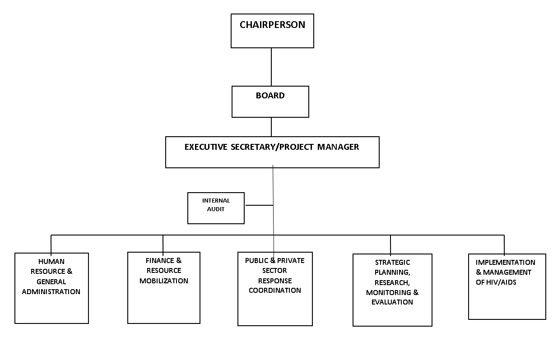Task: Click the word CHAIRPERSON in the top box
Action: (x=272, y=25)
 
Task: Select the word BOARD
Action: (x=270, y=96)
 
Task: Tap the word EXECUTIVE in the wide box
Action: (x=206, y=147)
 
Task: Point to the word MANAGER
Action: (x=338, y=147)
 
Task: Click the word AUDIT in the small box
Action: (x=216, y=209)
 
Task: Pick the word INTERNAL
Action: (x=216, y=200)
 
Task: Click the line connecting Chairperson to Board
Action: (x=271, y=67)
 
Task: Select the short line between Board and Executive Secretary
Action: (x=271, y=127)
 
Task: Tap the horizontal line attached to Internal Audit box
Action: (x=259, y=205)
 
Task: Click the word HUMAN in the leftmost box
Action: (x=51, y=261)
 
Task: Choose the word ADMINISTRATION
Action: (x=51, y=291)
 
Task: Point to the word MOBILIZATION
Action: (x=164, y=281)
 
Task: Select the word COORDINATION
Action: (x=275, y=290)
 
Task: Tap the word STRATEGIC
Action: (x=393, y=262)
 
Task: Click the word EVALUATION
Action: (x=392, y=302)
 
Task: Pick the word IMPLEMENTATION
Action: (x=505, y=262)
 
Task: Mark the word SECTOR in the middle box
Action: (x=274, y=271)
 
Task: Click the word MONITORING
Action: (x=389, y=293)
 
